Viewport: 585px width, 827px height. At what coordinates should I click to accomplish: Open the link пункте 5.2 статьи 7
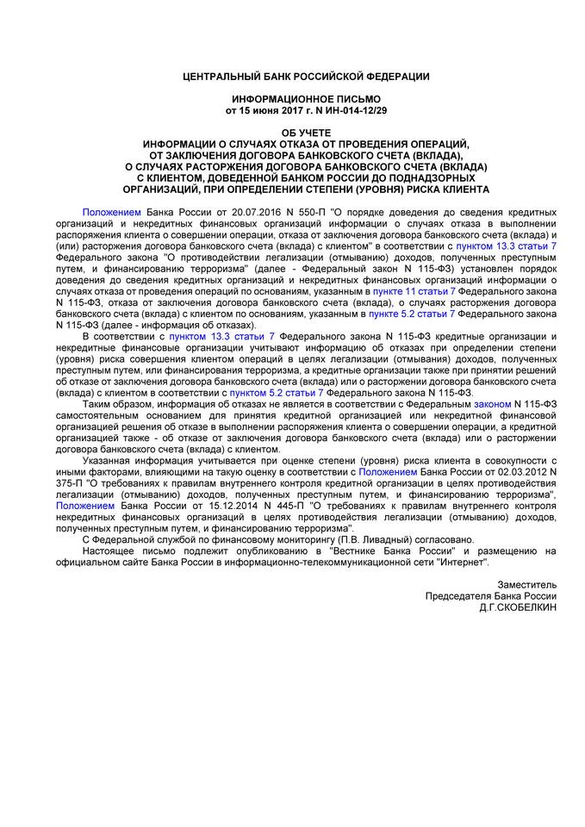407,315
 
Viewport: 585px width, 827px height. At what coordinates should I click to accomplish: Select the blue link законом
494,404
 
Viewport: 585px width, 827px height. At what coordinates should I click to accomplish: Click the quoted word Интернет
466,562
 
